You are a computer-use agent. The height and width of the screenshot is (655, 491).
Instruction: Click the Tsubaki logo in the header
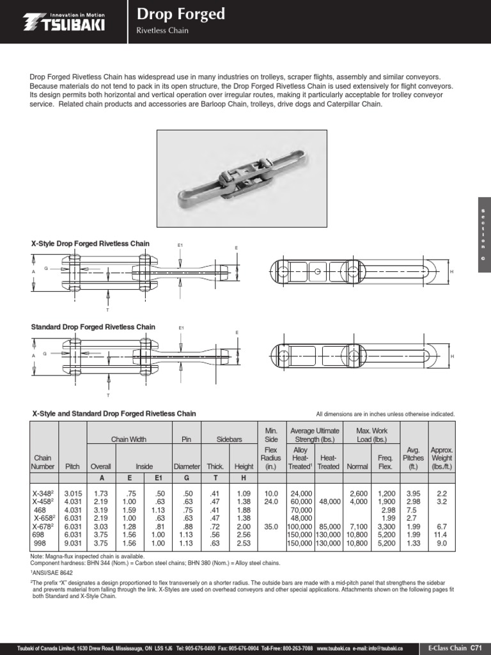click(65, 22)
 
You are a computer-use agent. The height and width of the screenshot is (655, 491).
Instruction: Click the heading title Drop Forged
click(181, 14)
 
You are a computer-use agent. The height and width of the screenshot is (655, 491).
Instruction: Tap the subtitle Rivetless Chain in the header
click(163, 31)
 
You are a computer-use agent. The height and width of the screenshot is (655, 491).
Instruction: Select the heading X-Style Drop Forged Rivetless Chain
click(90, 244)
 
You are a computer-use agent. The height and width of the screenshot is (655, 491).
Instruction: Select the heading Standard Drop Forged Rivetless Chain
click(93, 327)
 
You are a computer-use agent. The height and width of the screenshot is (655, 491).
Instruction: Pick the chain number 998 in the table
click(41, 543)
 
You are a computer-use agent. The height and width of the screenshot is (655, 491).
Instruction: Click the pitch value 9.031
click(72, 543)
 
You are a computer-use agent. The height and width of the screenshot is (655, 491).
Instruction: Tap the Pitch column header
click(72, 467)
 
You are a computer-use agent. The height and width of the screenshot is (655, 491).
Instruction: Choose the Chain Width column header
click(129, 440)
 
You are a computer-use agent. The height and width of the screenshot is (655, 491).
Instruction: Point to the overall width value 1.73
click(100, 494)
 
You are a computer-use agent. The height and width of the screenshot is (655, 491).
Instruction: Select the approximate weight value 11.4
click(441, 535)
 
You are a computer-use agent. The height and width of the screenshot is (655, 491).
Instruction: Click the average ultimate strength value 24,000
click(300, 494)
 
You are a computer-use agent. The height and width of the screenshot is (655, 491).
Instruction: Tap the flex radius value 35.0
click(270, 526)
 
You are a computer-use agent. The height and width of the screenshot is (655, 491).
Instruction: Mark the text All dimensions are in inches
click(386, 414)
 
